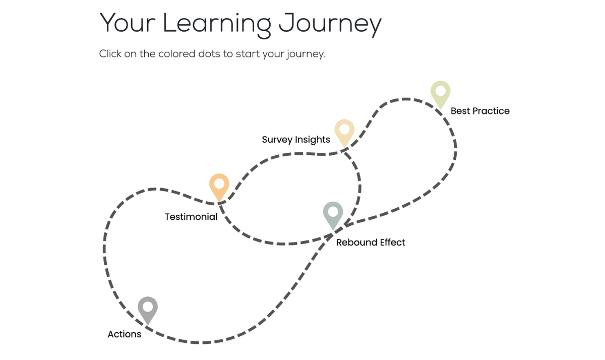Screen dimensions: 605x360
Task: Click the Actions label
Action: pos(124,334)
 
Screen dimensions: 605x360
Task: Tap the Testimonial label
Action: pos(191,217)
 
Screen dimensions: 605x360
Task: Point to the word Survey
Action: pos(277,140)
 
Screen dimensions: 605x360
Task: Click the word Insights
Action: pos(313,140)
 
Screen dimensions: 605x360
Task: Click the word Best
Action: pos(460,111)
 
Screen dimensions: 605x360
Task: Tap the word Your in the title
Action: pos(128,23)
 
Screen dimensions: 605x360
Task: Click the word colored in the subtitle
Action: pos(177,54)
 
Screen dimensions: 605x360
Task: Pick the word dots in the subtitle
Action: pos(209,54)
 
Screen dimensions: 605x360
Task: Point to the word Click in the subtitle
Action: pos(110,54)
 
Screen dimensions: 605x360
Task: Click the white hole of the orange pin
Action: pos(219,184)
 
